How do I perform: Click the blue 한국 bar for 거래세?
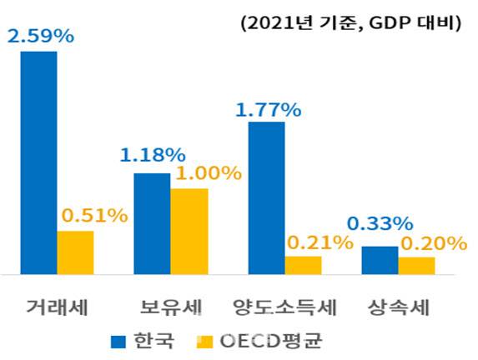[39, 162]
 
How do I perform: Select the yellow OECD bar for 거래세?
[76, 252]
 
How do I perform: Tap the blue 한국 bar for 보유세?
[153, 223]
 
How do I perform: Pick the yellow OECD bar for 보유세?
[189, 231]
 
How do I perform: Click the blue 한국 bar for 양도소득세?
[267, 197]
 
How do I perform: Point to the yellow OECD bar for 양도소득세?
[304, 265]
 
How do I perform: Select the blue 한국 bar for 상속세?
[380, 260]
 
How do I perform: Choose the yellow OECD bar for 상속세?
[416, 265]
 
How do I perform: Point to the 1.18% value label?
[152, 156]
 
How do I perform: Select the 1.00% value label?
[207, 173]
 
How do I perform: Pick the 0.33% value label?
[380, 224]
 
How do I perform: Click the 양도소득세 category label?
[286, 307]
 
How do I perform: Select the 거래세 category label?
[58, 307]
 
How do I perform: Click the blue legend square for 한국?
[118, 341]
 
